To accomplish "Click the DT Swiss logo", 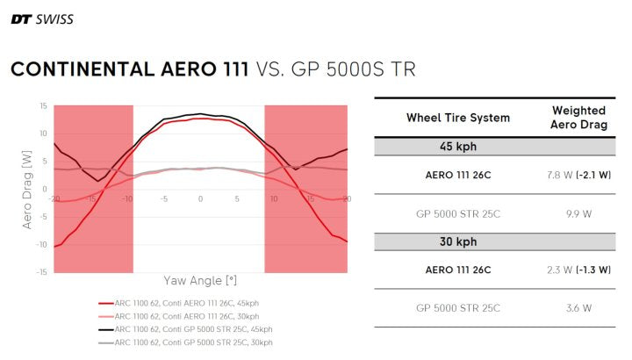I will tap(41, 19).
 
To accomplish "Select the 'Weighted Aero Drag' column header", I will tap(578, 117).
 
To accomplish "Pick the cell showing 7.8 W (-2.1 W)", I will tap(578, 175).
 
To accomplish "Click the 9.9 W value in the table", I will tap(578, 212).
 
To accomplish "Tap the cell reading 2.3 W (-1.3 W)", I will tap(578, 269).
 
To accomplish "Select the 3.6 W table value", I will tap(578, 307).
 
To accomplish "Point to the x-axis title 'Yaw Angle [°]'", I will tap(200, 281).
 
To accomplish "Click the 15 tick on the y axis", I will tap(43, 106).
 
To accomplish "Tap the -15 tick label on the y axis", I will tap(42, 271).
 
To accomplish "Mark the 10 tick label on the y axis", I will tap(43, 133).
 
